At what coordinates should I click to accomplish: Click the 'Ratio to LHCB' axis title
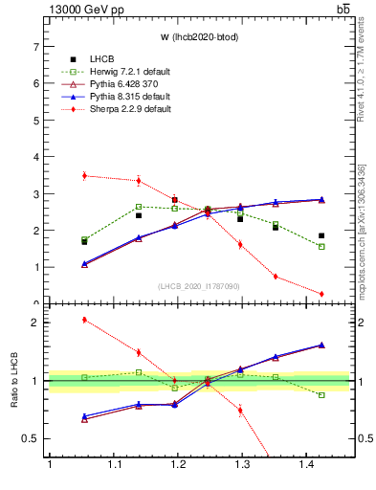(x=15, y=381)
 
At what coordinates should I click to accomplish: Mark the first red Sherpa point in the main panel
(x=84, y=175)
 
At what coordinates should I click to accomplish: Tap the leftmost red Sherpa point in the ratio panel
(x=84, y=320)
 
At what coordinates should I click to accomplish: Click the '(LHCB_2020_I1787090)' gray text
(x=198, y=286)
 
